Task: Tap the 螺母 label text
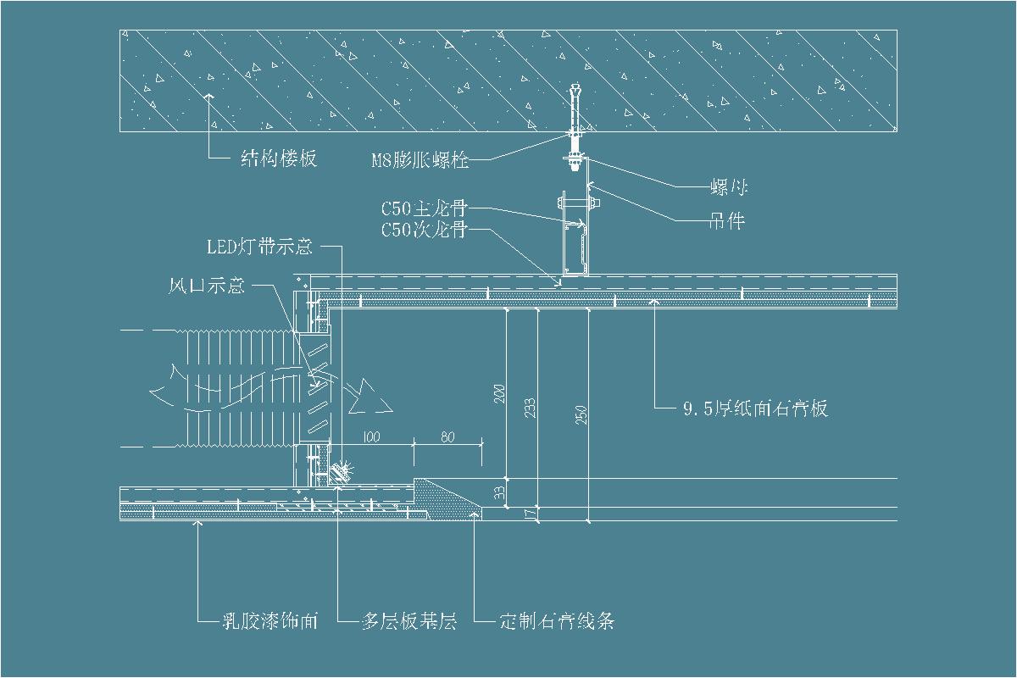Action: pos(727,186)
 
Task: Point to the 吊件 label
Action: pos(726,221)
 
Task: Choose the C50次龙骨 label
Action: pos(424,229)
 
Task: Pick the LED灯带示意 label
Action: pos(260,247)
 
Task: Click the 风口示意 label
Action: pos(207,286)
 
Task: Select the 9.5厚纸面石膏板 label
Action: pos(755,408)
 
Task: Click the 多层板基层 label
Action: pos(409,621)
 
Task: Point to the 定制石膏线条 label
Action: pos(557,621)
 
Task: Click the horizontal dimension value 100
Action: pos(372,437)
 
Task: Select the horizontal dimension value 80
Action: pos(448,437)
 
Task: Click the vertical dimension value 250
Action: pos(582,415)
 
